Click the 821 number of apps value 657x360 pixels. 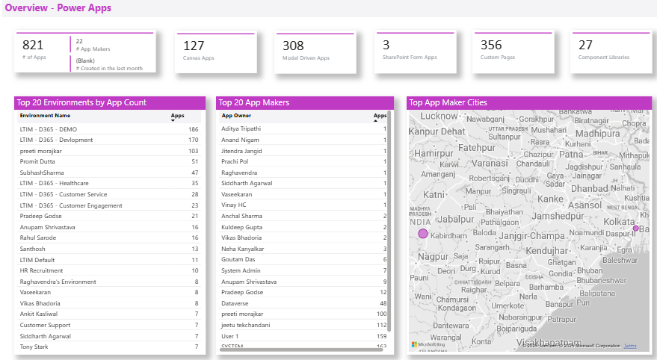pos(34,46)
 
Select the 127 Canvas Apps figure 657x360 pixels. pos(194,46)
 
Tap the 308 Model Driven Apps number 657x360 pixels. pos(293,46)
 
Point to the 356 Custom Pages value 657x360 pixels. pos(491,46)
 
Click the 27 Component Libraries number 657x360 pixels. pos(585,46)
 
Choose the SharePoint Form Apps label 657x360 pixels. pos(409,58)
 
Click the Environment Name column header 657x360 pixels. pos(45,116)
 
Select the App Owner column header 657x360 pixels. pos(236,116)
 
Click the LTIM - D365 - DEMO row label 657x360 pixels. pos(49,129)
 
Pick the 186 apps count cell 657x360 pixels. pos(193,129)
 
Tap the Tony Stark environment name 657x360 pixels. pos(34,347)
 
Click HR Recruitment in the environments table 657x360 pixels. pos(41,270)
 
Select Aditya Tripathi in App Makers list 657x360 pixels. pos(241,129)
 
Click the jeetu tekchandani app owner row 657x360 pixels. pos(245,325)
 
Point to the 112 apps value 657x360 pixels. pos(381,325)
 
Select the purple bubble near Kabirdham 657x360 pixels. pos(423,234)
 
